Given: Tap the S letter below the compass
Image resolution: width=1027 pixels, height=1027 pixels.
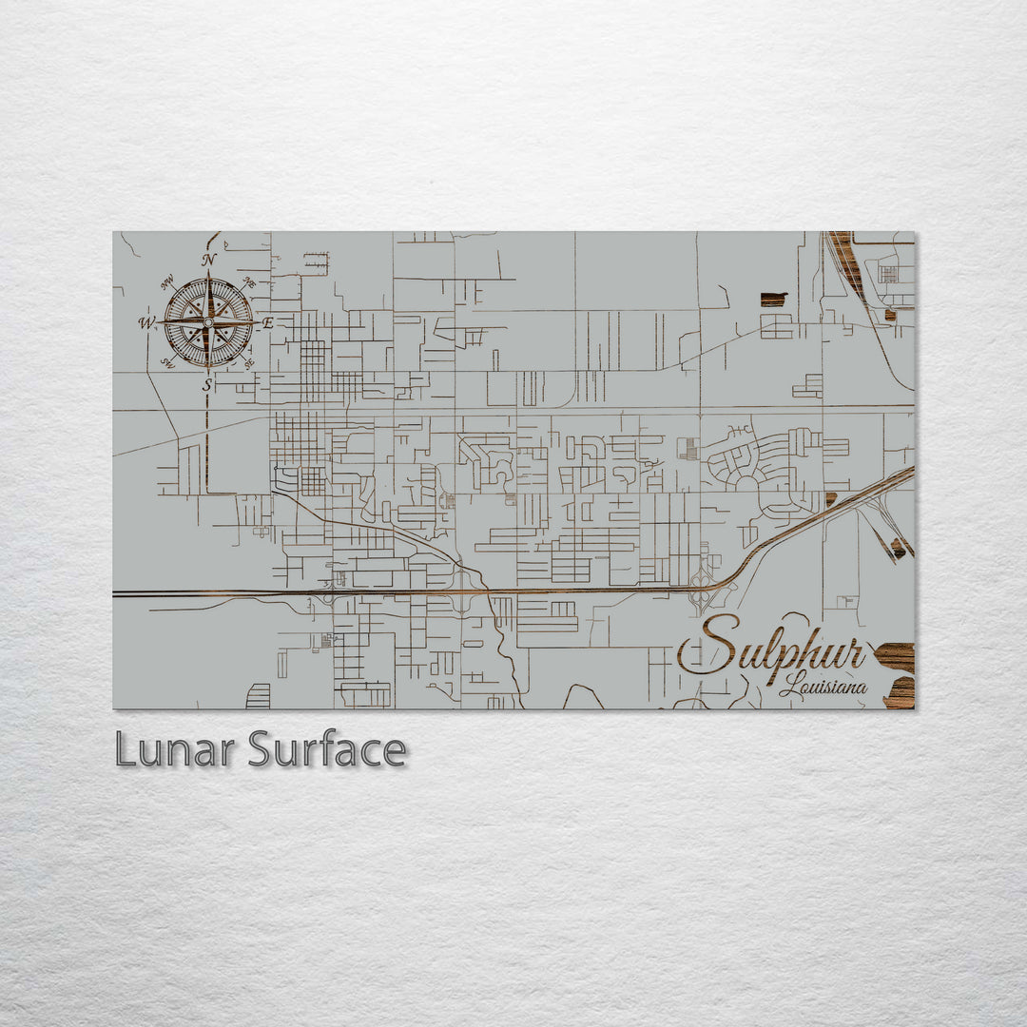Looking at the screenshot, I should pyautogui.click(x=207, y=385).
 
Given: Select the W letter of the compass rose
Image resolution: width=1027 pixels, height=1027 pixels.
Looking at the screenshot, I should pyautogui.click(x=146, y=322).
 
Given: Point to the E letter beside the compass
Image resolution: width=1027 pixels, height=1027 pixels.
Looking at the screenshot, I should pyautogui.click(x=268, y=323).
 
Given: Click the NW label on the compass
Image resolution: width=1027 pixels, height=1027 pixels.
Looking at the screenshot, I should pyautogui.click(x=167, y=281).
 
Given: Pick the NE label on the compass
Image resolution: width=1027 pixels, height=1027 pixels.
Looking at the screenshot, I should pyautogui.click(x=249, y=281).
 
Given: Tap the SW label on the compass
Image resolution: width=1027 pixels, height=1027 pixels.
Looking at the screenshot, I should pyautogui.click(x=167, y=363).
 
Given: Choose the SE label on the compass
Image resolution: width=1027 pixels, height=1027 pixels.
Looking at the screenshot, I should pyautogui.click(x=249, y=363).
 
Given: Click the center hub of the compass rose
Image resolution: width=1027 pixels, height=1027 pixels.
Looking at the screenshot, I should pyautogui.click(x=208, y=322).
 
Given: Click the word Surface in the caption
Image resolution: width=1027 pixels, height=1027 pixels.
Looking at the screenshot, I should pyautogui.click(x=327, y=750).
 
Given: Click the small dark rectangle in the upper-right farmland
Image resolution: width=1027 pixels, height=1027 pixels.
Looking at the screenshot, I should pyautogui.click(x=773, y=299).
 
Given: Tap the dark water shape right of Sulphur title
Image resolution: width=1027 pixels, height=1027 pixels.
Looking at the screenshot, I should pyautogui.click(x=896, y=656).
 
